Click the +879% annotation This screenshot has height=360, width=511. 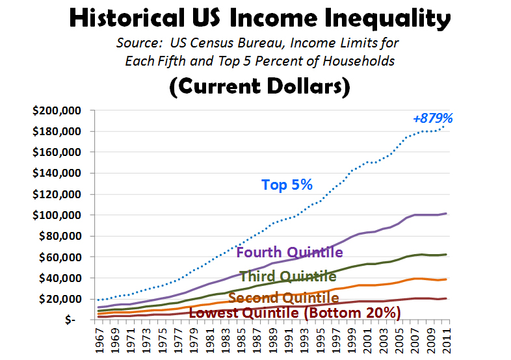pos(432,118)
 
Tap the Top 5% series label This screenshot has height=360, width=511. pos(287,185)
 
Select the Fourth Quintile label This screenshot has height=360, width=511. pos(289,252)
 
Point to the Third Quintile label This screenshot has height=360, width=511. pos(287,276)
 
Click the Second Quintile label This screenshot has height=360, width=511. pos(283,298)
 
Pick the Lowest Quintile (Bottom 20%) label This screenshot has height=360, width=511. pos(295,313)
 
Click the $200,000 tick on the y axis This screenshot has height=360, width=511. pos(56,110)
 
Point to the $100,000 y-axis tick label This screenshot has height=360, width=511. pos(56,215)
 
